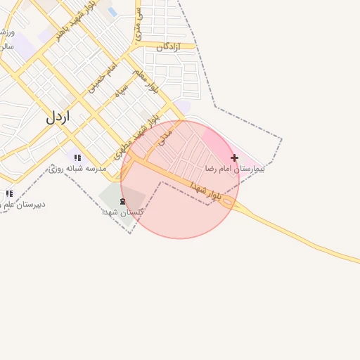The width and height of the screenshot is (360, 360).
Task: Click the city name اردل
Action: [x=58, y=117]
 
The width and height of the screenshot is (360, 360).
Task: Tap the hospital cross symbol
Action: [x=234, y=158]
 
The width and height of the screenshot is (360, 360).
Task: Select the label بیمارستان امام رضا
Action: [x=235, y=169]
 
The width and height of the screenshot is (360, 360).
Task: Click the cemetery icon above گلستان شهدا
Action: [x=123, y=202]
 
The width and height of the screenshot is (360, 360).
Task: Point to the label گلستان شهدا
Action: [x=123, y=212]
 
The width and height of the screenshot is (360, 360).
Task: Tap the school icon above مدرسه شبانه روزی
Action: [x=77, y=157]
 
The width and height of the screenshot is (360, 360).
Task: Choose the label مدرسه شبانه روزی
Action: [x=77, y=169]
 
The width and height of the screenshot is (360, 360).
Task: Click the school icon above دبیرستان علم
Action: [x=9, y=193]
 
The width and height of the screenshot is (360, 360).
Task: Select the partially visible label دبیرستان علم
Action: [x=23, y=205]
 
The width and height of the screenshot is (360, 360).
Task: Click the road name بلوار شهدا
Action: [x=205, y=191]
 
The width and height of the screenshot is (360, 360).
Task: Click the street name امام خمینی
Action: [x=102, y=77]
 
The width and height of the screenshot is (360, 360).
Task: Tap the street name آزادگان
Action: [x=169, y=46]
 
